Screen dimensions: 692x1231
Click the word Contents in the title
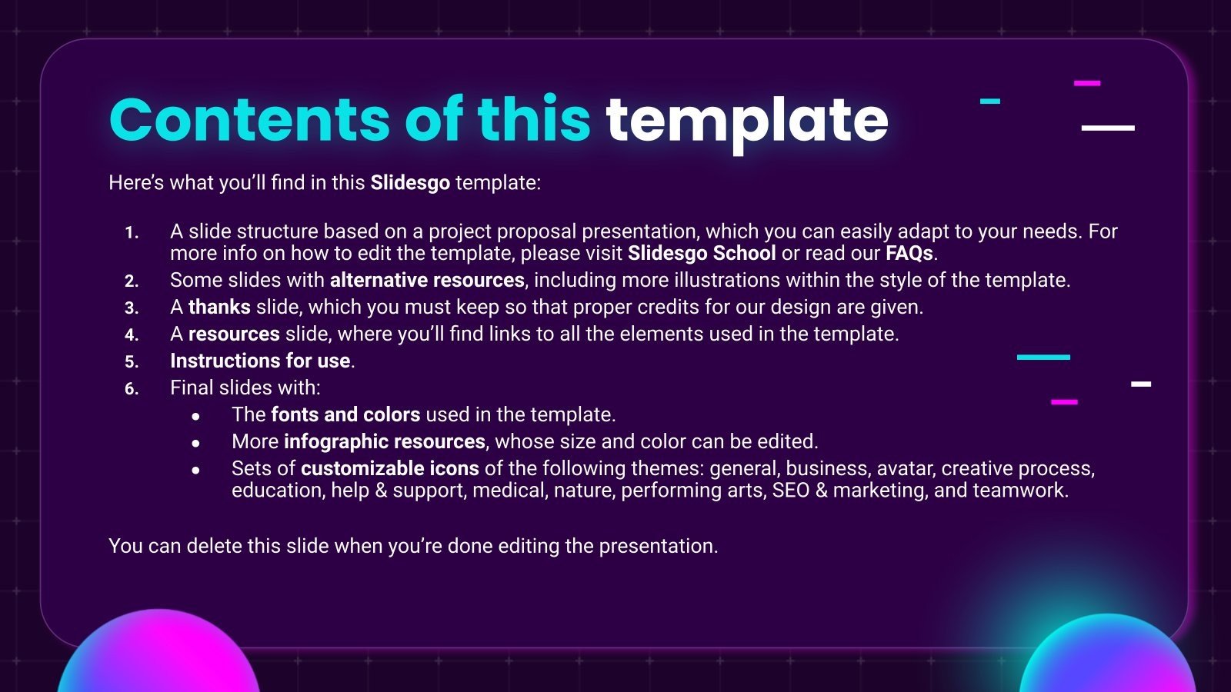(x=251, y=120)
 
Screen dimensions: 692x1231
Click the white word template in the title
(x=746, y=121)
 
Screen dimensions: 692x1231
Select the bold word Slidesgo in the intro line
(x=409, y=183)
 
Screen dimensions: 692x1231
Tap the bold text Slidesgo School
(x=702, y=254)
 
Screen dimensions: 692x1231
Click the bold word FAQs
(x=909, y=254)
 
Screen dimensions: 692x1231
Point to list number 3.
(x=132, y=308)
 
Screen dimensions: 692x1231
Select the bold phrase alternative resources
(x=427, y=281)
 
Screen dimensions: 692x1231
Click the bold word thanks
(x=219, y=308)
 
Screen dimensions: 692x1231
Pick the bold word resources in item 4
(x=234, y=334)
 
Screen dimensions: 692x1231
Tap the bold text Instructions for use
(x=260, y=361)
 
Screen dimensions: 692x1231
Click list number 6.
(x=132, y=389)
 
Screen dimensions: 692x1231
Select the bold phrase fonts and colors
(x=345, y=415)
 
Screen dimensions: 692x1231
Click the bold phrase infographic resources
(x=384, y=442)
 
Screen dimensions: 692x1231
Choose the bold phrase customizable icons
(x=389, y=469)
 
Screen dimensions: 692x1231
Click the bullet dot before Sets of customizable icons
(x=196, y=470)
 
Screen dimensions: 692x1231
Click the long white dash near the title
(x=1108, y=128)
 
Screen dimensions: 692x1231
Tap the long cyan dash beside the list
(x=1043, y=358)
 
